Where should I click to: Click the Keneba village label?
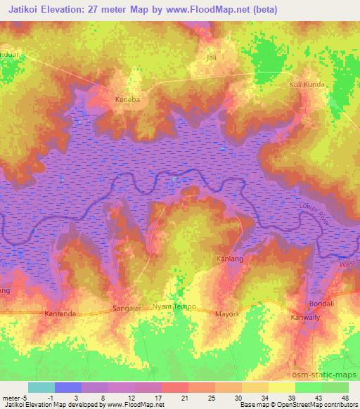[x=128, y=100]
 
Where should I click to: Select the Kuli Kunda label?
[x=307, y=84]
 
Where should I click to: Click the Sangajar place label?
[x=128, y=309]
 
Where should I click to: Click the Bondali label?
[x=323, y=304]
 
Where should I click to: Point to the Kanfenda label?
[x=59, y=313]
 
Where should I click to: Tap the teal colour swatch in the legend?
[x=41, y=387]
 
